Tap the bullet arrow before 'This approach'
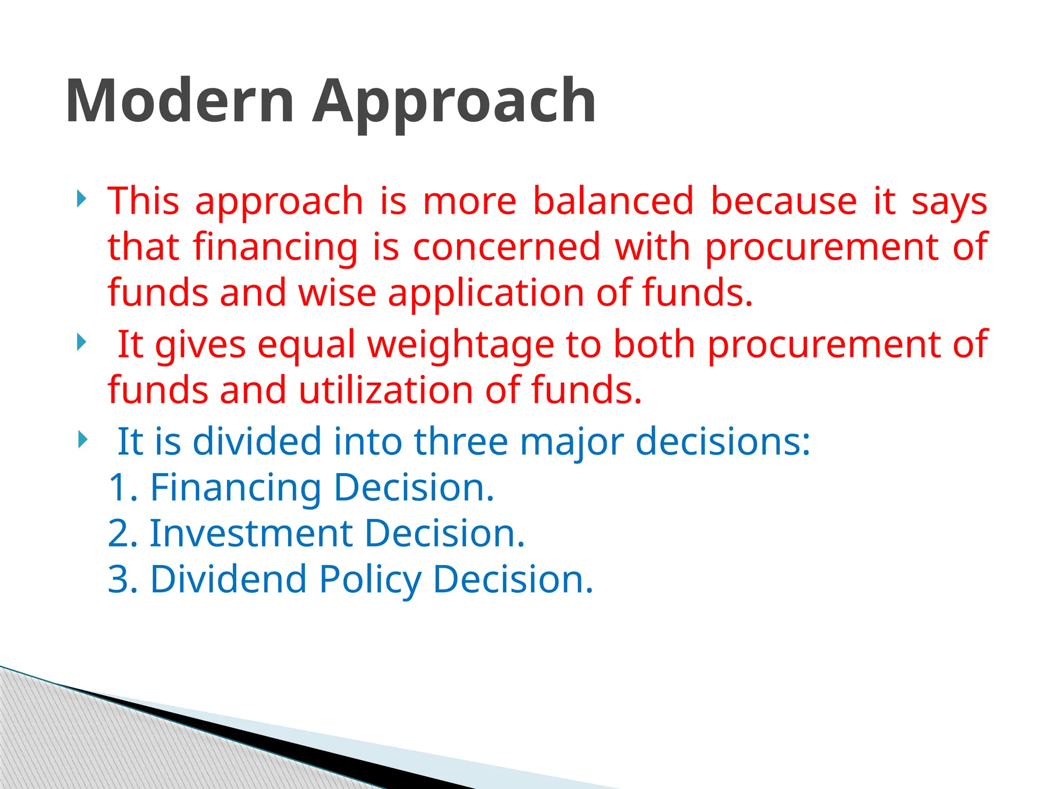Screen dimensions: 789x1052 [x=81, y=199]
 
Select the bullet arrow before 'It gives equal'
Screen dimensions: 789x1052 [x=81, y=342]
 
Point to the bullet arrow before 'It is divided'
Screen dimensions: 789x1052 [x=81, y=439]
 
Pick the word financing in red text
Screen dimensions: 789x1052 [x=275, y=247]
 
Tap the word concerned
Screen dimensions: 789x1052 [x=506, y=247]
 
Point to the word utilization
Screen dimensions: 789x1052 [x=386, y=390]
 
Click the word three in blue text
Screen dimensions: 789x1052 [x=461, y=441]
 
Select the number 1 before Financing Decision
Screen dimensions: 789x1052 [x=119, y=487]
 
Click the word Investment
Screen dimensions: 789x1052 [x=251, y=533]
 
